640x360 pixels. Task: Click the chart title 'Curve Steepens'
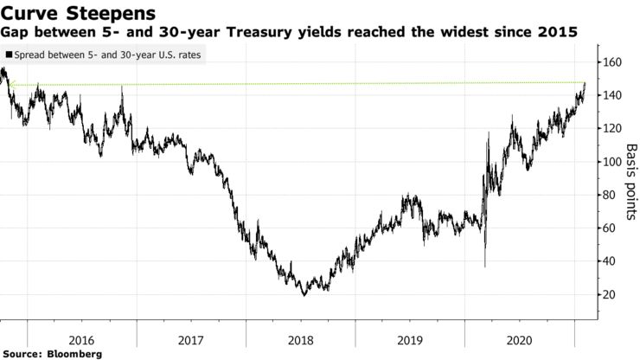[79, 14]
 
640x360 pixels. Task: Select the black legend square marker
[9, 54]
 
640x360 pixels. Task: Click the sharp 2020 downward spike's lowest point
[484, 267]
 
